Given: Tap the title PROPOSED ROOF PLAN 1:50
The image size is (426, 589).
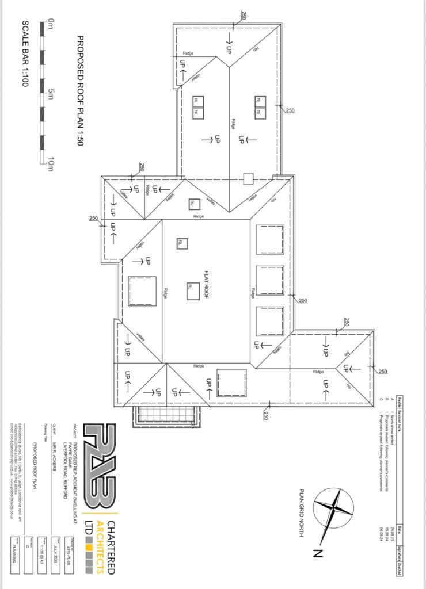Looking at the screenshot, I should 81,90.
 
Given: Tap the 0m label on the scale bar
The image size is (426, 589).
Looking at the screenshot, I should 51,24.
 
